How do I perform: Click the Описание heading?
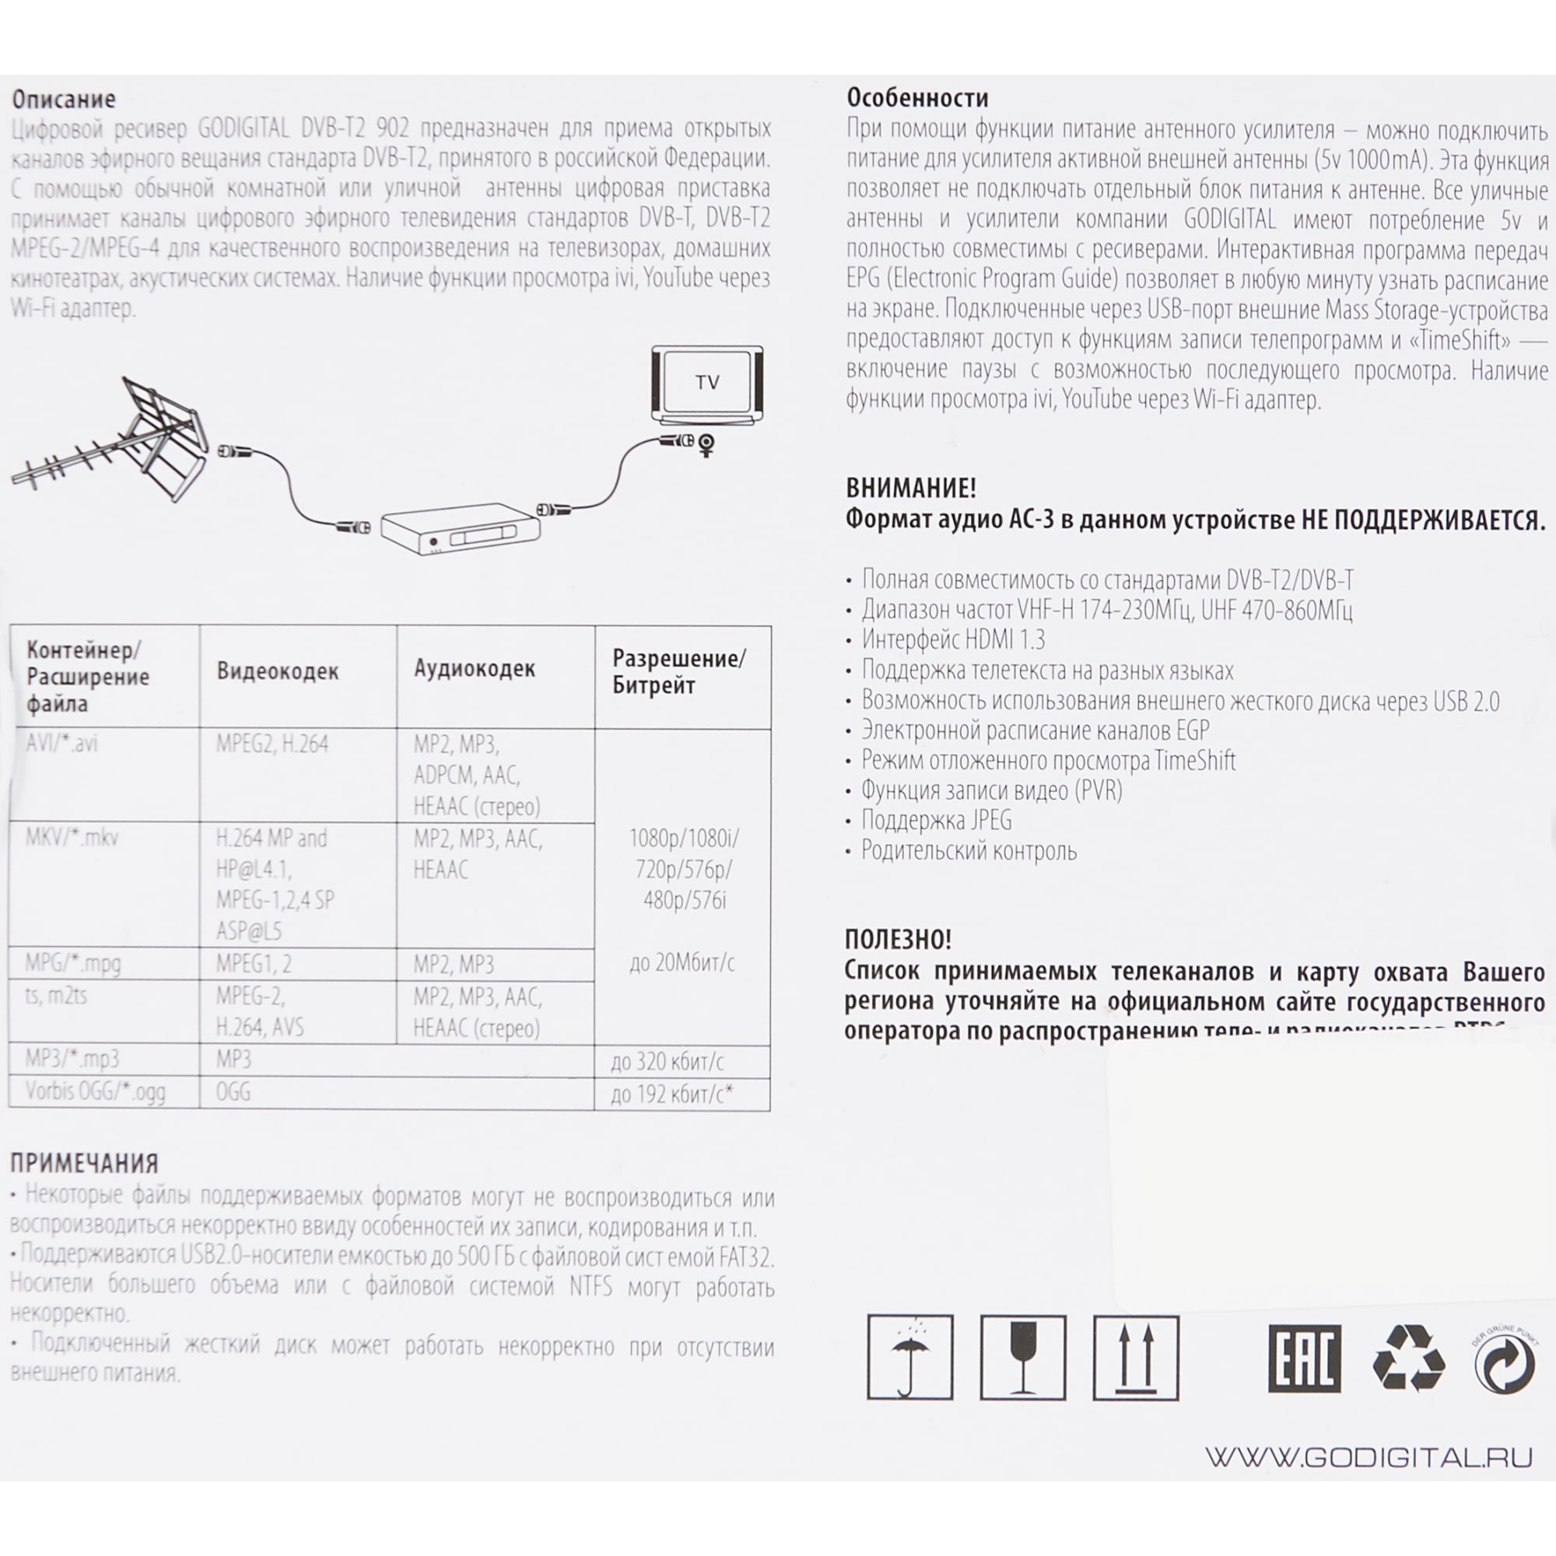coord(64,99)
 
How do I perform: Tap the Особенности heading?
coord(917,98)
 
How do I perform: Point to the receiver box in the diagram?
coord(460,530)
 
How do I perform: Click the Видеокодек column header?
coord(277,671)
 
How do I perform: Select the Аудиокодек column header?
coord(475,668)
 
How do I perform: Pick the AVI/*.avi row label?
coord(61,742)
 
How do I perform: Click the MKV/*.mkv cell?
coord(72,838)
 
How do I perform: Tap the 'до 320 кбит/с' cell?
coord(667,1061)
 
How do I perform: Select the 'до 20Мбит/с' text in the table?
coord(682,962)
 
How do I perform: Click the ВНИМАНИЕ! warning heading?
coord(911,488)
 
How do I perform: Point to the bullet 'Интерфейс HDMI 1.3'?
coord(953,640)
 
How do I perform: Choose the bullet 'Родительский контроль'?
coord(968,850)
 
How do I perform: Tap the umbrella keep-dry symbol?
coord(910,1358)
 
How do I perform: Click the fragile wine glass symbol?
coord(1023,1358)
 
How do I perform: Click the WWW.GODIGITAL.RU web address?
coord(1369,1459)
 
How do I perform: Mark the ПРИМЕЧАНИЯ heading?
coord(84,1163)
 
